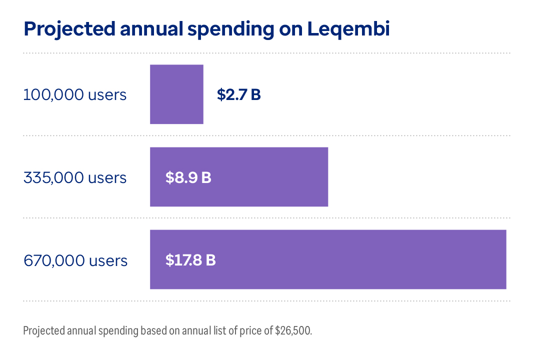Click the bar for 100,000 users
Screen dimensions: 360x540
176,94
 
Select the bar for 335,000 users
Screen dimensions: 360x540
260,176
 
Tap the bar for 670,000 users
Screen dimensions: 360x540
350,259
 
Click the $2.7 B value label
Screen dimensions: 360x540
238,94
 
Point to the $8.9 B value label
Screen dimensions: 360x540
188,177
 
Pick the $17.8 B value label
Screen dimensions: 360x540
190,260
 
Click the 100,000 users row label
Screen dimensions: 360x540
75,94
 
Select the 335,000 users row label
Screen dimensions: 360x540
75,177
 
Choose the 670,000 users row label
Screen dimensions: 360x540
75,260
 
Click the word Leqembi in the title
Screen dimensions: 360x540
348,29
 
